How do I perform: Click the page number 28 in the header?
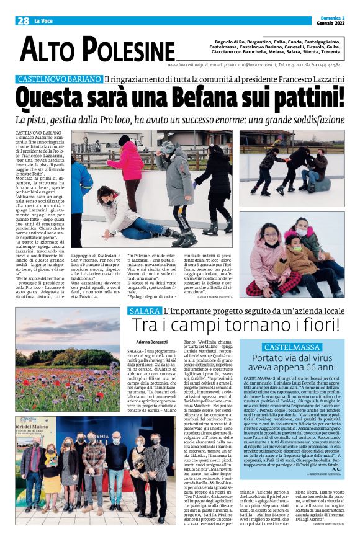click(23, 20)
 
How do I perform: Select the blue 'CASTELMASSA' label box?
click(292, 347)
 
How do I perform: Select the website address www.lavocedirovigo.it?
click(191, 64)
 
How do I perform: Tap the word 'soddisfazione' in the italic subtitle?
click(307, 119)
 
